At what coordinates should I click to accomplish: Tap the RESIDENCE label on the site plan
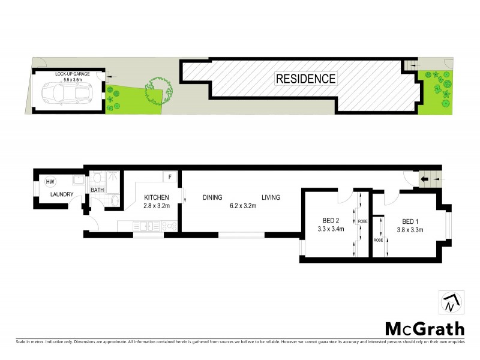tap(306, 78)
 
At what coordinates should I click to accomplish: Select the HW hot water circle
tap(50, 182)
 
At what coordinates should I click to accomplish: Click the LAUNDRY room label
tap(61, 194)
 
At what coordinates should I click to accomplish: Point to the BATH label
tap(97, 190)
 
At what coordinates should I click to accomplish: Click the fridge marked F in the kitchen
tap(170, 178)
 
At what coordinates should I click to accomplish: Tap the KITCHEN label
tap(155, 197)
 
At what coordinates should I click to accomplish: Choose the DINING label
tap(212, 197)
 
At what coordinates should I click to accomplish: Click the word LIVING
tap(271, 197)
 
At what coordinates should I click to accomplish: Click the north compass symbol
tap(449, 304)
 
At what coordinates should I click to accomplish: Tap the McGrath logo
tap(424, 328)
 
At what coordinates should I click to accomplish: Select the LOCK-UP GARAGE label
tap(72, 73)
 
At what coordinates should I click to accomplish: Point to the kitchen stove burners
tap(169, 226)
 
